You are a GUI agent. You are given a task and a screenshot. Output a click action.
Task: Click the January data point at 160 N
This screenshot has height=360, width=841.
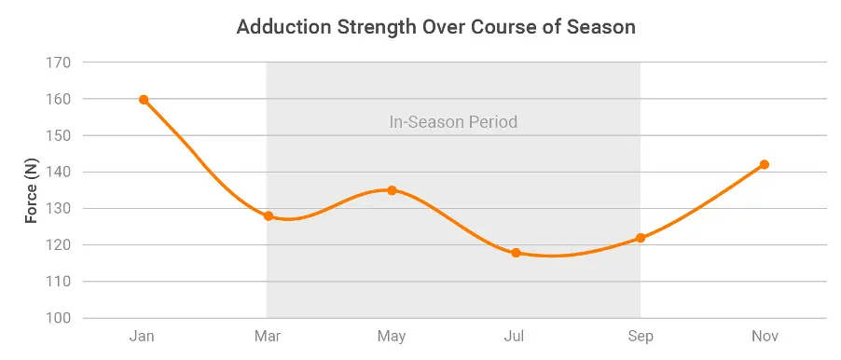(x=144, y=100)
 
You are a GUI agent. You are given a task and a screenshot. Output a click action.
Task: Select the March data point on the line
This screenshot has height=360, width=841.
(x=269, y=215)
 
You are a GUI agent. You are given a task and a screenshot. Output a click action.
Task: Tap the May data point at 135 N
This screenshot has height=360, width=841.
(x=392, y=190)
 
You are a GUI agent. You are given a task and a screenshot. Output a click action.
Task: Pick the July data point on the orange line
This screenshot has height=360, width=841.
(x=516, y=253)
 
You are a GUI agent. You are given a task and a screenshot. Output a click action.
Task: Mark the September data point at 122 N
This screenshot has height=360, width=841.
(x=641, y=238)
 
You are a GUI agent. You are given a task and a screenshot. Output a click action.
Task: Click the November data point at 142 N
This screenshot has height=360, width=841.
(x=765, y=164)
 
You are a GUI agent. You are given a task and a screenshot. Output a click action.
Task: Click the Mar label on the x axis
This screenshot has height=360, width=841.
(x=268, y=336)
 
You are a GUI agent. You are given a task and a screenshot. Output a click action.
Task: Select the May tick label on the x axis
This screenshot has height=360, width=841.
(x=392, y=336)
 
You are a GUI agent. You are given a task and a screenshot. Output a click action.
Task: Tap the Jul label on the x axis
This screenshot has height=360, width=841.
(x=516, y=336)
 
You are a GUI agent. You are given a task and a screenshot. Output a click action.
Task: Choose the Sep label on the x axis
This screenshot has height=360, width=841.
(x=641, y=336)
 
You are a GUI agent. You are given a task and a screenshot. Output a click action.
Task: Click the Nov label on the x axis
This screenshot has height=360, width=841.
(x=765, y=336)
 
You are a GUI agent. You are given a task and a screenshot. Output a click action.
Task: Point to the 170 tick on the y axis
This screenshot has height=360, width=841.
(x=58, y=62)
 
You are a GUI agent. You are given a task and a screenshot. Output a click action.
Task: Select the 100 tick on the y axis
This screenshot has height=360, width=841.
(x=58, y=318)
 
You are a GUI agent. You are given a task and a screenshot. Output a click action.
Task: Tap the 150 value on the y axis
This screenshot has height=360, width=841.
(x=58, y=135)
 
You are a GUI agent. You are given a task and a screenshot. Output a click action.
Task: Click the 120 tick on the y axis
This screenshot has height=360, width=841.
(x=58, y=245)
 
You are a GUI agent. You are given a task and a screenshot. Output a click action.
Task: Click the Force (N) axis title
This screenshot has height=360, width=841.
(x=31, y=190)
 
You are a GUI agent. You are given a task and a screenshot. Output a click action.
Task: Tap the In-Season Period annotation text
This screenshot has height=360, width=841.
(x=453, y=122)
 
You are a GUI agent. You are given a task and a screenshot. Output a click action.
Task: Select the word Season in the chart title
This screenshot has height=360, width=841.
(x=602, y=27)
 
